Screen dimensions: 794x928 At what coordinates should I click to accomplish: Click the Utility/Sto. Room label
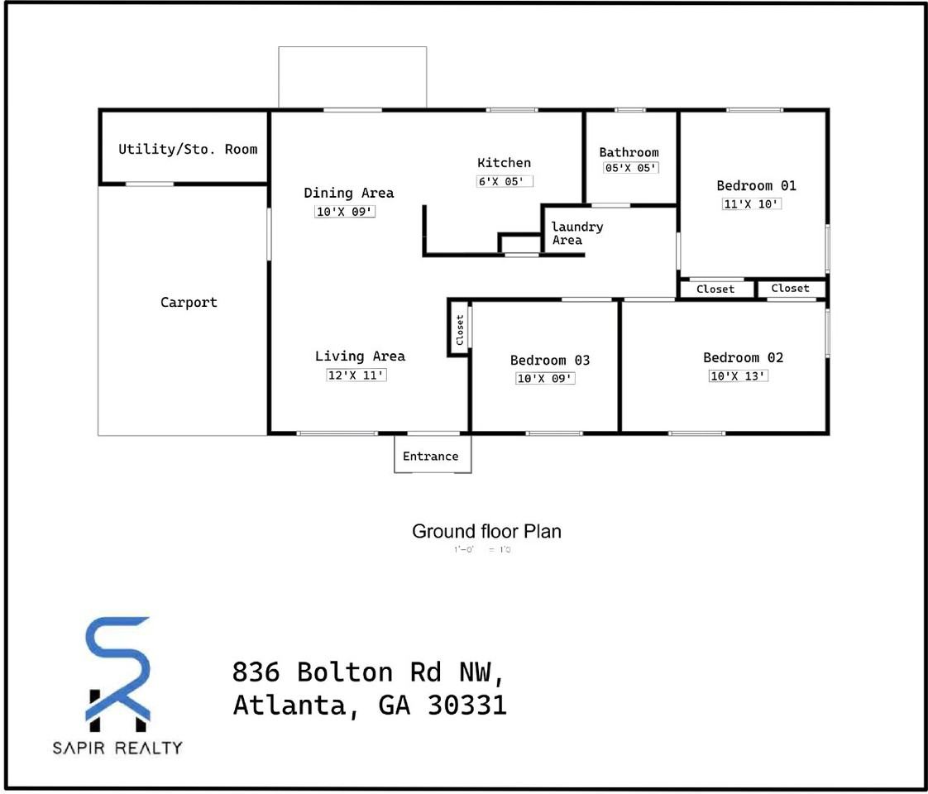point(188,150)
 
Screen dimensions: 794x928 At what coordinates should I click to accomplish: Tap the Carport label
point(189,303)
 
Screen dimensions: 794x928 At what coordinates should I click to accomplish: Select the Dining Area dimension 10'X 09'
point(346,212)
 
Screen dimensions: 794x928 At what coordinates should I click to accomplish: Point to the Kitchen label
point(504,163)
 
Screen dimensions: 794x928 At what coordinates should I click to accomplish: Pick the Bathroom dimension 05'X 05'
point(630,168)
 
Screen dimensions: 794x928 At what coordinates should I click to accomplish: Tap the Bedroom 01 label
point(756,186)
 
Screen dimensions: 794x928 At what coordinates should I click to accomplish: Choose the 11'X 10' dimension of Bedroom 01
point(752,203)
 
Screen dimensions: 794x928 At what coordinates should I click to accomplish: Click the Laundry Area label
point(576,233)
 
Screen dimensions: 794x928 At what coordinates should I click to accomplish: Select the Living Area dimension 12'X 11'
point(356,375)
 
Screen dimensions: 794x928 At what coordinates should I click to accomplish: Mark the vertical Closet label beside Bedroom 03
point(460,330)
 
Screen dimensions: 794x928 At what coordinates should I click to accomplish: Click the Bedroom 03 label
point(550,361)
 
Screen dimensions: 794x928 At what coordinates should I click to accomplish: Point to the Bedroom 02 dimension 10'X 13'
point(739,376)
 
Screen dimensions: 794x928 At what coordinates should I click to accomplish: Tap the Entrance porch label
point(430,457)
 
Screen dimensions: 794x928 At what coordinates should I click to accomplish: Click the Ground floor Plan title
point(486,531)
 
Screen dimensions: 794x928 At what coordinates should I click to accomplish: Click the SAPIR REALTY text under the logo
point(117,748)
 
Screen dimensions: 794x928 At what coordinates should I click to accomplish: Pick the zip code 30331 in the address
point(466,705)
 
